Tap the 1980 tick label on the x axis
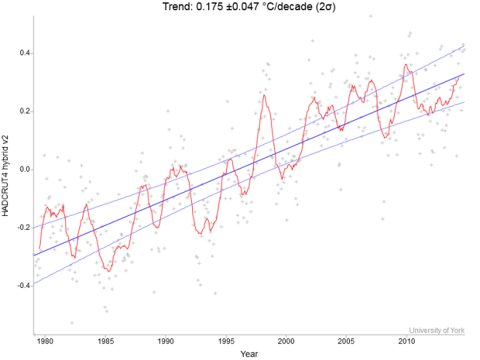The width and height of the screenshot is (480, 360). click(45, 341)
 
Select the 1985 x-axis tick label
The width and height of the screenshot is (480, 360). click(105, 341)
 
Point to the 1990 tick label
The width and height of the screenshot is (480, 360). click(166, 341)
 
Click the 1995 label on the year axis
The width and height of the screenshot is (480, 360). click(226, 341)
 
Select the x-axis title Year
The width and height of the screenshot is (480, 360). click(249, 354)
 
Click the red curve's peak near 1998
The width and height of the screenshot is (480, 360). click(264, 95)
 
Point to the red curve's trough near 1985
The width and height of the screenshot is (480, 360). click(108, 271)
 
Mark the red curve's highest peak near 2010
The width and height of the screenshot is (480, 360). click(406, 65)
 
